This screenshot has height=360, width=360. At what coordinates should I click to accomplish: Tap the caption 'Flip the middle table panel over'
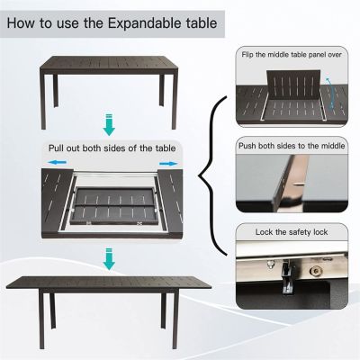(x=292, y=55)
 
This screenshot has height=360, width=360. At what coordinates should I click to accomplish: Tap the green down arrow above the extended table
(x=110, y=262)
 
